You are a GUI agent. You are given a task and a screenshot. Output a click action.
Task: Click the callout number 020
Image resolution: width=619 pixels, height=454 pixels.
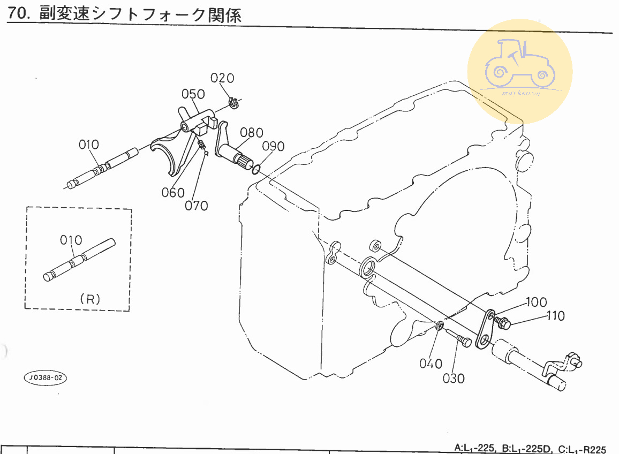222,78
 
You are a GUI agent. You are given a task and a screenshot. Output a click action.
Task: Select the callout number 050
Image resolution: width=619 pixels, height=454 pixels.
193,94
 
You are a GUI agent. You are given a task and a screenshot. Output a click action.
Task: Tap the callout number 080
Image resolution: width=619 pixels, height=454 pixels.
251,132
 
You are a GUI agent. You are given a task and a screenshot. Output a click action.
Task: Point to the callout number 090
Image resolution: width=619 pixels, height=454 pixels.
273,147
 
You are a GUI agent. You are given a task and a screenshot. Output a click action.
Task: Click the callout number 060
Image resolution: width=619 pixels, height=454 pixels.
173,193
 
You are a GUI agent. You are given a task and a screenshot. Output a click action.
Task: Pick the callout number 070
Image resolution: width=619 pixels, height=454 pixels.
197,205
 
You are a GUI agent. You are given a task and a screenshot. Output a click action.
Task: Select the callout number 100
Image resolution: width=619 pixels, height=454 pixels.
537,301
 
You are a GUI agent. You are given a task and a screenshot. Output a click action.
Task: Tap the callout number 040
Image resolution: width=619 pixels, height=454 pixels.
431,364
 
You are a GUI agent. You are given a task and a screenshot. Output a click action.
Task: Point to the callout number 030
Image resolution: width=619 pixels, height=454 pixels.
454,379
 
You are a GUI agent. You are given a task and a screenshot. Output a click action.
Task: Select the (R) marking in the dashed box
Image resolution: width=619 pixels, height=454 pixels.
89,299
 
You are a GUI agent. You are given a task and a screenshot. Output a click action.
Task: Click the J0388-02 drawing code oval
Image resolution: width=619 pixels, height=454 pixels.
46,377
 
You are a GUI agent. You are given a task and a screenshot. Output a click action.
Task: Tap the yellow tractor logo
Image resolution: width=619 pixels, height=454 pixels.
518,70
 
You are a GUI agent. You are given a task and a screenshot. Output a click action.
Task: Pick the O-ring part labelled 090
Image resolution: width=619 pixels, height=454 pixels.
255,169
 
